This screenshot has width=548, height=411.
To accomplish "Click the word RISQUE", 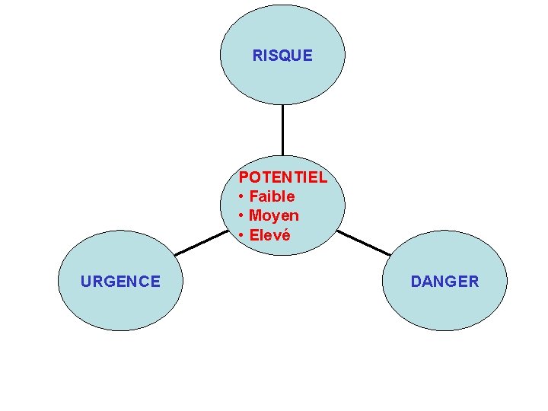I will tap(282, 56).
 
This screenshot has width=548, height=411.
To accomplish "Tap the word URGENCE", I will tap(120, 282).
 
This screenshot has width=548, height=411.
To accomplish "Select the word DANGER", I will tap(444, 282).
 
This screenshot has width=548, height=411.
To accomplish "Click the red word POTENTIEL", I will tap(282, 178).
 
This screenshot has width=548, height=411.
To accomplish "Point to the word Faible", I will tap(272, 196).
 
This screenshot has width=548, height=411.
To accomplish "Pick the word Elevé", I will tap(269, 235).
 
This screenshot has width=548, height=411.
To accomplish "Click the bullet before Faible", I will tap(241, 197).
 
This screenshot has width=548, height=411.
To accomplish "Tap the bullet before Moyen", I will tap(241, 216).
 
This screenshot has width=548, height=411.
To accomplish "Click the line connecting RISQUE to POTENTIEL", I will tap(282, 129).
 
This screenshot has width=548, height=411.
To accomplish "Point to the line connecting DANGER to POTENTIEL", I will tap(364, 243).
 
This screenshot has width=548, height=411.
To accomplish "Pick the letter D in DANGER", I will tap(416, 282).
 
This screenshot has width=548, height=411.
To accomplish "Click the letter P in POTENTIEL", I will tap(244, 178).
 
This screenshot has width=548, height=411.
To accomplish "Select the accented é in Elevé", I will tap(285, 235).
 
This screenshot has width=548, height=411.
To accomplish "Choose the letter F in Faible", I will tap(253, 196).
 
